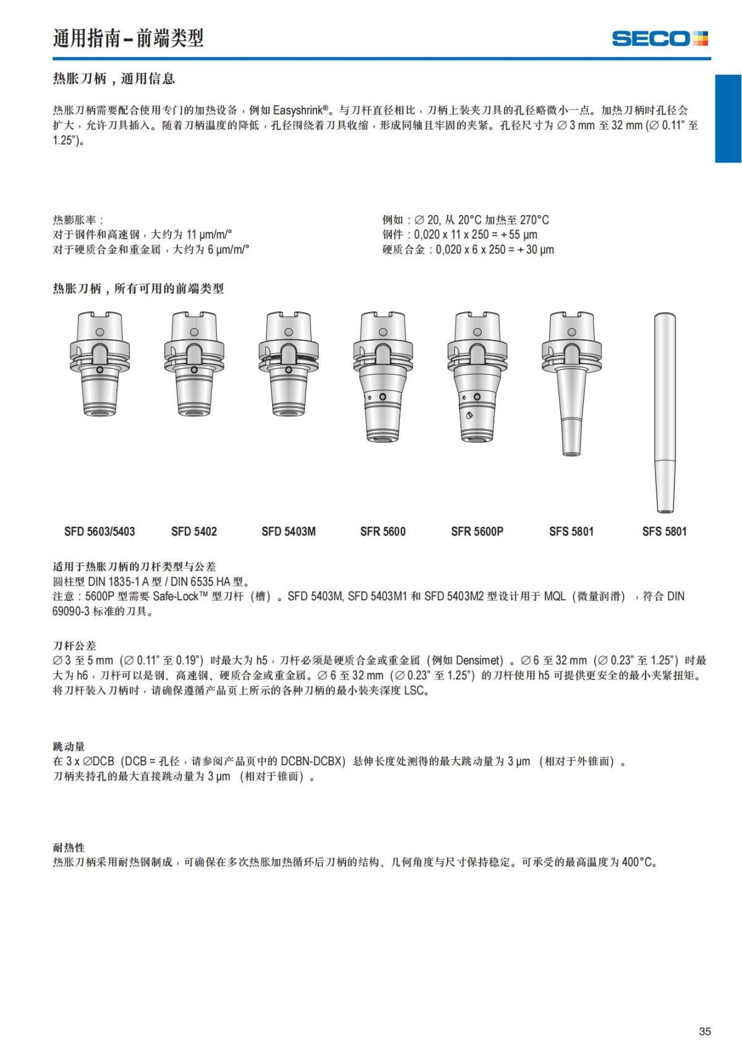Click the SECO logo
pos(660,38)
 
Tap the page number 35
pos(704,1031)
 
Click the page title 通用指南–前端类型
pos(128,38)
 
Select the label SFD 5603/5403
pos(100,531)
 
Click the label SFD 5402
pos(194,531)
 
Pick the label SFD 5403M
pos(288,531)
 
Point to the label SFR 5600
pos(383,531)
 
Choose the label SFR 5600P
pos(477,531)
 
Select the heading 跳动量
pos(69,747)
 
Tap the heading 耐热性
pos(69,847)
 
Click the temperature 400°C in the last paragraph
pos(638,862)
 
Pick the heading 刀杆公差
pos(74,645)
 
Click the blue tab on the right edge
pos(728,119)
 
